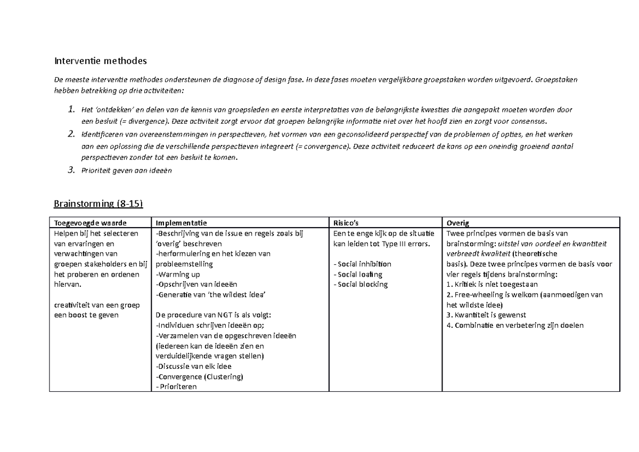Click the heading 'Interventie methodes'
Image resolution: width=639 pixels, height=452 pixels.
[100, 61]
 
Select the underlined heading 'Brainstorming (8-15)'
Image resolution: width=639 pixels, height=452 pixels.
[99, 204]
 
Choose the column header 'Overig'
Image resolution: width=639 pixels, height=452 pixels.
[458, 223]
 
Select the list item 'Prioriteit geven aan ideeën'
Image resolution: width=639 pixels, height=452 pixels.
[127, 171]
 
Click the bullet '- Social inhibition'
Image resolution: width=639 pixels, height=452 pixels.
[362, 264]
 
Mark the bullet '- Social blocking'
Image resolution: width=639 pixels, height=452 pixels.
[360, 285]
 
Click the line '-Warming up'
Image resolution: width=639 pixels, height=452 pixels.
[177, 275]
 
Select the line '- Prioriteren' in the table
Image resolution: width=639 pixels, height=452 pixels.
[176, 387]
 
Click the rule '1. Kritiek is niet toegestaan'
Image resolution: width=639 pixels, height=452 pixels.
[493, 285]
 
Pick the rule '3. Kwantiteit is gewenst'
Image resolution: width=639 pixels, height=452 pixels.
[486, 315]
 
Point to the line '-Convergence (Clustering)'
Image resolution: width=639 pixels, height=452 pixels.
[199, 377]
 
